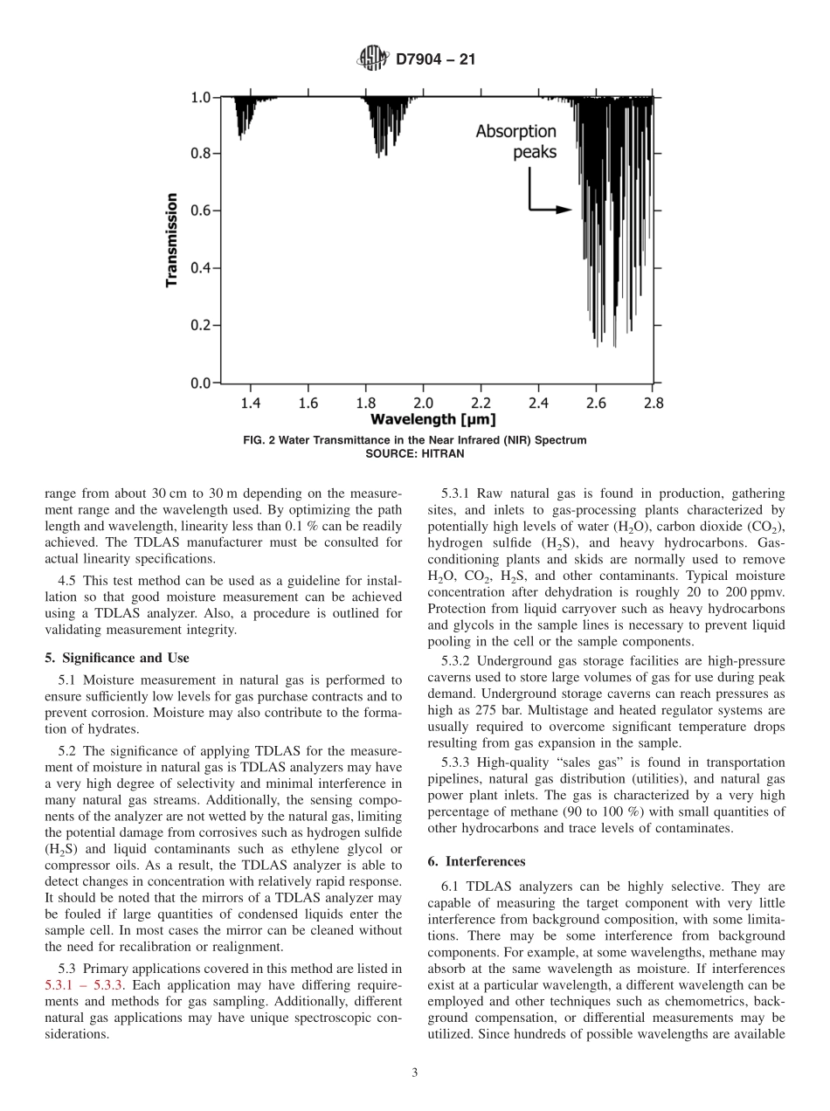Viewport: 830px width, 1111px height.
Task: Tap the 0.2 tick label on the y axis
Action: [200, 326]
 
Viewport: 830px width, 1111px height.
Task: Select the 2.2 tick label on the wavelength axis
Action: [481, 403]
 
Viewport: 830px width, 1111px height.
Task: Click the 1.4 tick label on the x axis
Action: [251, 403]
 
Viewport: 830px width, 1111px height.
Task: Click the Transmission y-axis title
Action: [172, 239]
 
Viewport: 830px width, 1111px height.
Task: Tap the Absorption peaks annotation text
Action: [515, 141]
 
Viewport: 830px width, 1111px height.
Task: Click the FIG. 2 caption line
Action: [414, 440]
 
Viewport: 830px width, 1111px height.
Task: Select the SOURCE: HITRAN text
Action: [414, 453]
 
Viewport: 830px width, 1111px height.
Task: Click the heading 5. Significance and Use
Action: [117, 658]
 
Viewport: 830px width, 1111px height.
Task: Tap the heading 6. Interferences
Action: [477, 861]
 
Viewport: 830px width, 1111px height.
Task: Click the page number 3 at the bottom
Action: [414, 1073]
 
